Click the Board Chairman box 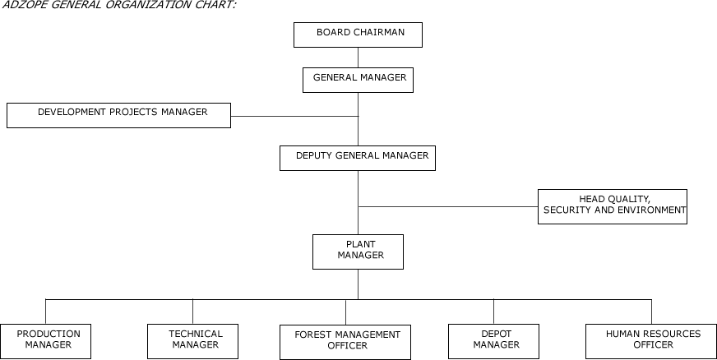pyautogui.click(x=358, y=35)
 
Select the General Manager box pyautogui.click(x=358, y=80)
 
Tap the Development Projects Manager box pyautogui.click(x=118, y=115)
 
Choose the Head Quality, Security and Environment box pyautogui.click(x=612, y=206)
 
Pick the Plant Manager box pyautogui.click(x=358, y=252)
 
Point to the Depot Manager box pyautogui.click(x=493, y=341)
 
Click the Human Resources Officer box pyautogui.click(x=651, y=341)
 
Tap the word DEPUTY pyautogui.click(x=314, y=155)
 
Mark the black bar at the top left pyautogui.click(x=136, y=7)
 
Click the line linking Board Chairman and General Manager pyautogui.click(x=358, y=57)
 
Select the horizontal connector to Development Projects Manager pyautogui.click(x=295, y=116)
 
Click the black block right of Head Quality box pyautogui.click(x=697, y=205)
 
